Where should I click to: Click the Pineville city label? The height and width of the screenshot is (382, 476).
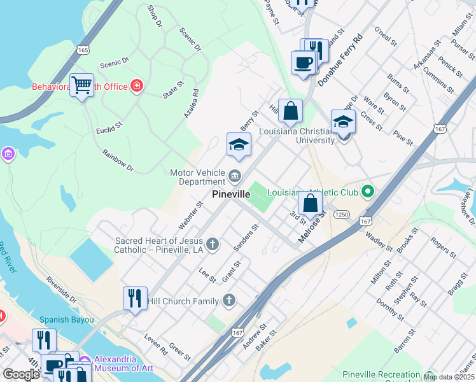coord(234,194)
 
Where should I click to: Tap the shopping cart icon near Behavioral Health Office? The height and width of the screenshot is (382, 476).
coord(82,85)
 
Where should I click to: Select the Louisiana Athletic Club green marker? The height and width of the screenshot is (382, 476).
coord(367,191)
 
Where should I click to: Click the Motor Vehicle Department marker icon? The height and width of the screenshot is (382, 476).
coord(235,175)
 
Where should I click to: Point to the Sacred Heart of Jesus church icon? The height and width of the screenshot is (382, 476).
coord(213,243)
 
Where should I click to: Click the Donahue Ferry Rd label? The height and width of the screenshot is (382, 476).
coord(340,60)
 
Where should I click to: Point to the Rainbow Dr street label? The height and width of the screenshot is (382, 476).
coord(118,161)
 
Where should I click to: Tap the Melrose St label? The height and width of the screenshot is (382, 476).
coord(312,227)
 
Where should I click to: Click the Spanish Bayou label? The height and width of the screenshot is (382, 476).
coord(67,320)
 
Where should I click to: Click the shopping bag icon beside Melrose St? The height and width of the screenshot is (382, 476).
coord(311,204)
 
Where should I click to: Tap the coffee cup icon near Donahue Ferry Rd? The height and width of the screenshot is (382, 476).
coord(304,62)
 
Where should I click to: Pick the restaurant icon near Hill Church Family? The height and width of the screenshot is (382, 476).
coord(135,298)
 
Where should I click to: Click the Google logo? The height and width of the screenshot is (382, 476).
coord(21,374)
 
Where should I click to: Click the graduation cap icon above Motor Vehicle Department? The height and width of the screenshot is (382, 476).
coord(239,145)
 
